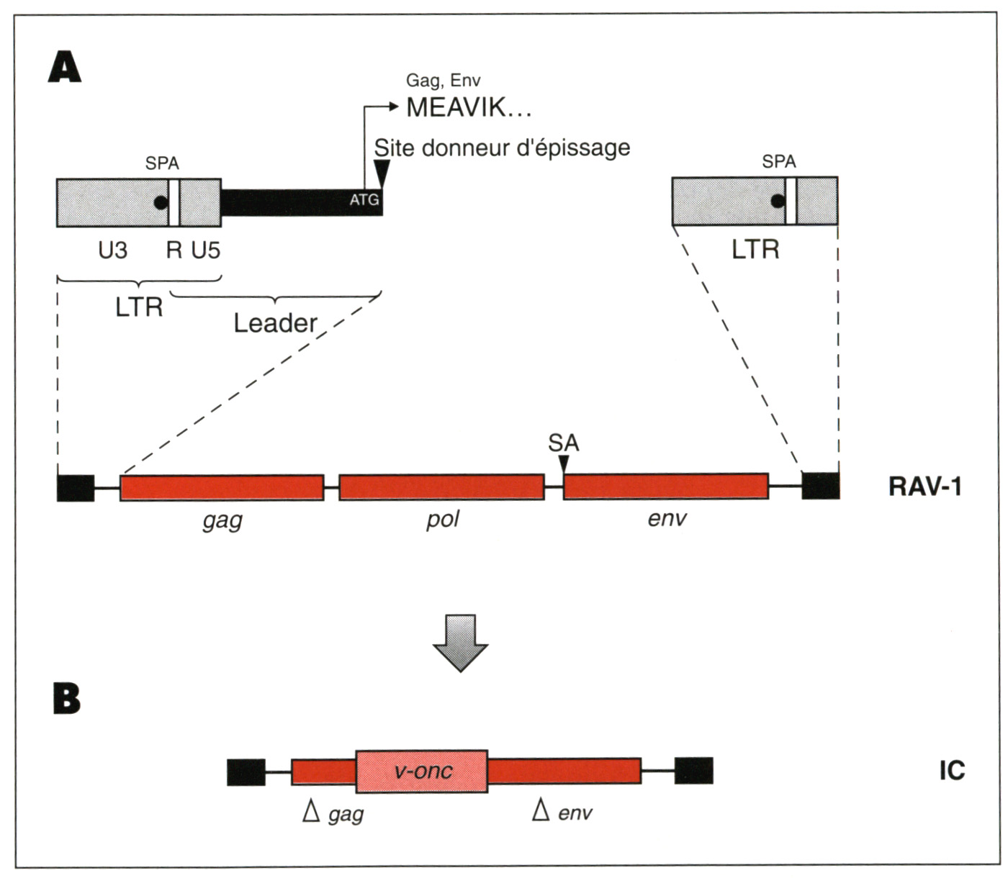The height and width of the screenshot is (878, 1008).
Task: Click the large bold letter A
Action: coord(65,69)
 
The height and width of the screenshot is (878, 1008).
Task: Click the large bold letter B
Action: coord(66,698)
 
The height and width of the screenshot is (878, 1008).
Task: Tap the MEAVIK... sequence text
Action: coord(469,108)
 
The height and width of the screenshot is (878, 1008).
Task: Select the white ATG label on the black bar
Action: coord(364,200)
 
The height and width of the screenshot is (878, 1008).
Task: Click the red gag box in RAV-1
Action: coord(222,487)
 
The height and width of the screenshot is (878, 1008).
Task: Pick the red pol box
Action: coord(441,487)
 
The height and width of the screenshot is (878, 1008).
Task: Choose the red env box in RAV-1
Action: coord(666,486)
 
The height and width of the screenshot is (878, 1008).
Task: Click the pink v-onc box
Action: coord(422,771)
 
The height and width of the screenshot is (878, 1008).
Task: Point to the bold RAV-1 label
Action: coord(924,487)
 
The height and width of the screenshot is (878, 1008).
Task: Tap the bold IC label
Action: coord(951,771)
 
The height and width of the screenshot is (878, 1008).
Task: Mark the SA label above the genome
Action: coord(563,443)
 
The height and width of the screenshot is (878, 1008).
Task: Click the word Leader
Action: coord(275,323)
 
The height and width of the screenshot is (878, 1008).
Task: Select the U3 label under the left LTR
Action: coord(112,250)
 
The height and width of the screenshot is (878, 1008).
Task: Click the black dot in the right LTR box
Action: coord(778,201)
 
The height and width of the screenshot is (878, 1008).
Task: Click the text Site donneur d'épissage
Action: coord(502,148)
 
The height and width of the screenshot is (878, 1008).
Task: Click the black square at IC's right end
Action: coord(693,771)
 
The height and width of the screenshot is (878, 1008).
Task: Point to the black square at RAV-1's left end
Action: coord(76,487)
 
